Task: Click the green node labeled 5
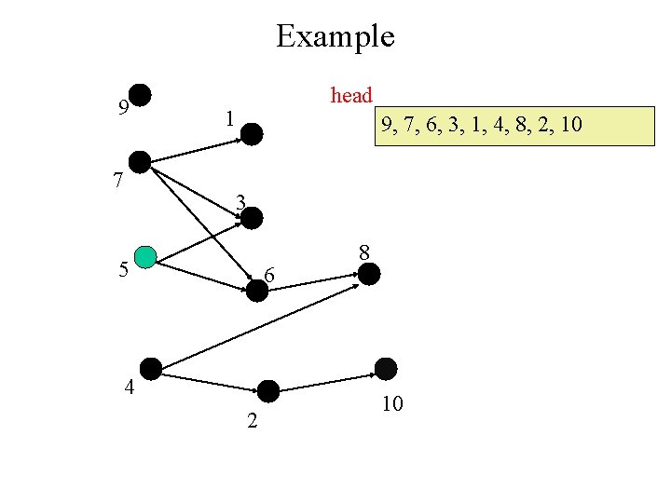144,256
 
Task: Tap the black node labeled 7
140,161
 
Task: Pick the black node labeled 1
253,134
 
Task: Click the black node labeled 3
253,218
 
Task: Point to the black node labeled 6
257,290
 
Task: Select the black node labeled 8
369,274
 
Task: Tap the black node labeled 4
151,368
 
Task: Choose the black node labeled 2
268,391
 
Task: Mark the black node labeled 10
385,368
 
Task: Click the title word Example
335,36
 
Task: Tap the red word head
351,95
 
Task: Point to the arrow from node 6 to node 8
313,281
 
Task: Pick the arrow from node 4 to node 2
210,380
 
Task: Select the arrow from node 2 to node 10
326,382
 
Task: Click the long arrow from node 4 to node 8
261,321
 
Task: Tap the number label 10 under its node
392,404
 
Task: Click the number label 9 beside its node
123,108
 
